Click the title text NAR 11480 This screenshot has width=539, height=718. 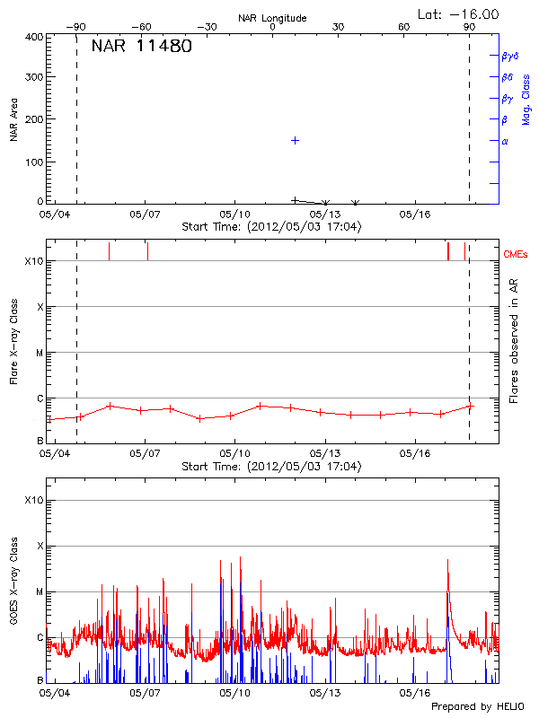[x=141, y=47]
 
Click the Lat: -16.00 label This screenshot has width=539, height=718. [x=459, y=13]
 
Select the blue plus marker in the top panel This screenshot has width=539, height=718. [x=294, y=141]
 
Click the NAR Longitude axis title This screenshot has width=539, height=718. [x=272, y=18]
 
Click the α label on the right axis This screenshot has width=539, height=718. [x=505, y=141]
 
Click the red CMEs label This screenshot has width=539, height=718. [x=517, y=256]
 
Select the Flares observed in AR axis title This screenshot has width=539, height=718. [x=514, y=341]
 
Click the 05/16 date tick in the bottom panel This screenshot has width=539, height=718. [x=415, y=693]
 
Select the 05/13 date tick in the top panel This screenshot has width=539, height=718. [x=325, y=215]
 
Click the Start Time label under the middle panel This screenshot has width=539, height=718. [x=272, y=467]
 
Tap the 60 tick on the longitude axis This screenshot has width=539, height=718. [x=404, y=28]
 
